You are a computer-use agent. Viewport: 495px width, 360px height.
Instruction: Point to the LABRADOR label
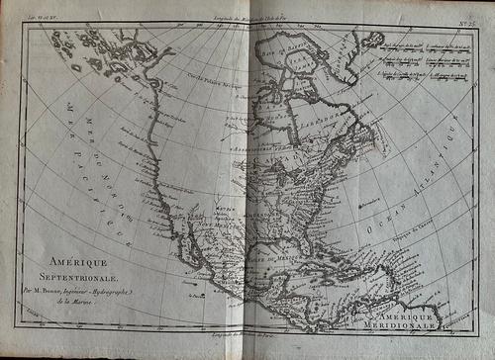tap(326, 111)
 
